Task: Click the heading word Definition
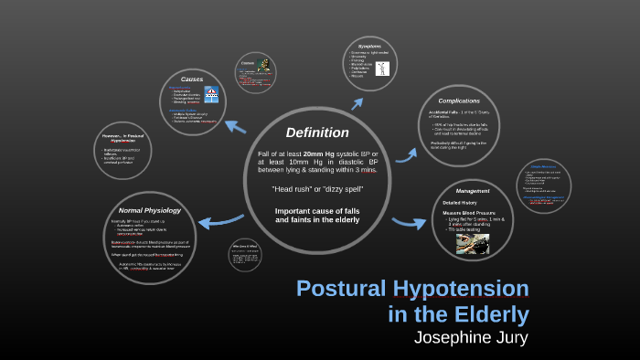[316, 132]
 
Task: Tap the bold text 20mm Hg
[320, 154]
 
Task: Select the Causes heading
[192, 79]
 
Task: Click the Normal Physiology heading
[151, 210]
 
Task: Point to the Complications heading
[459, 101]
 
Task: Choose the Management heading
[473, 191]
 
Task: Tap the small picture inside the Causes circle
[212, 94]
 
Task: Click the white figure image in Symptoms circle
[264, 65]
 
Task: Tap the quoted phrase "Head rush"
[293, 189]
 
